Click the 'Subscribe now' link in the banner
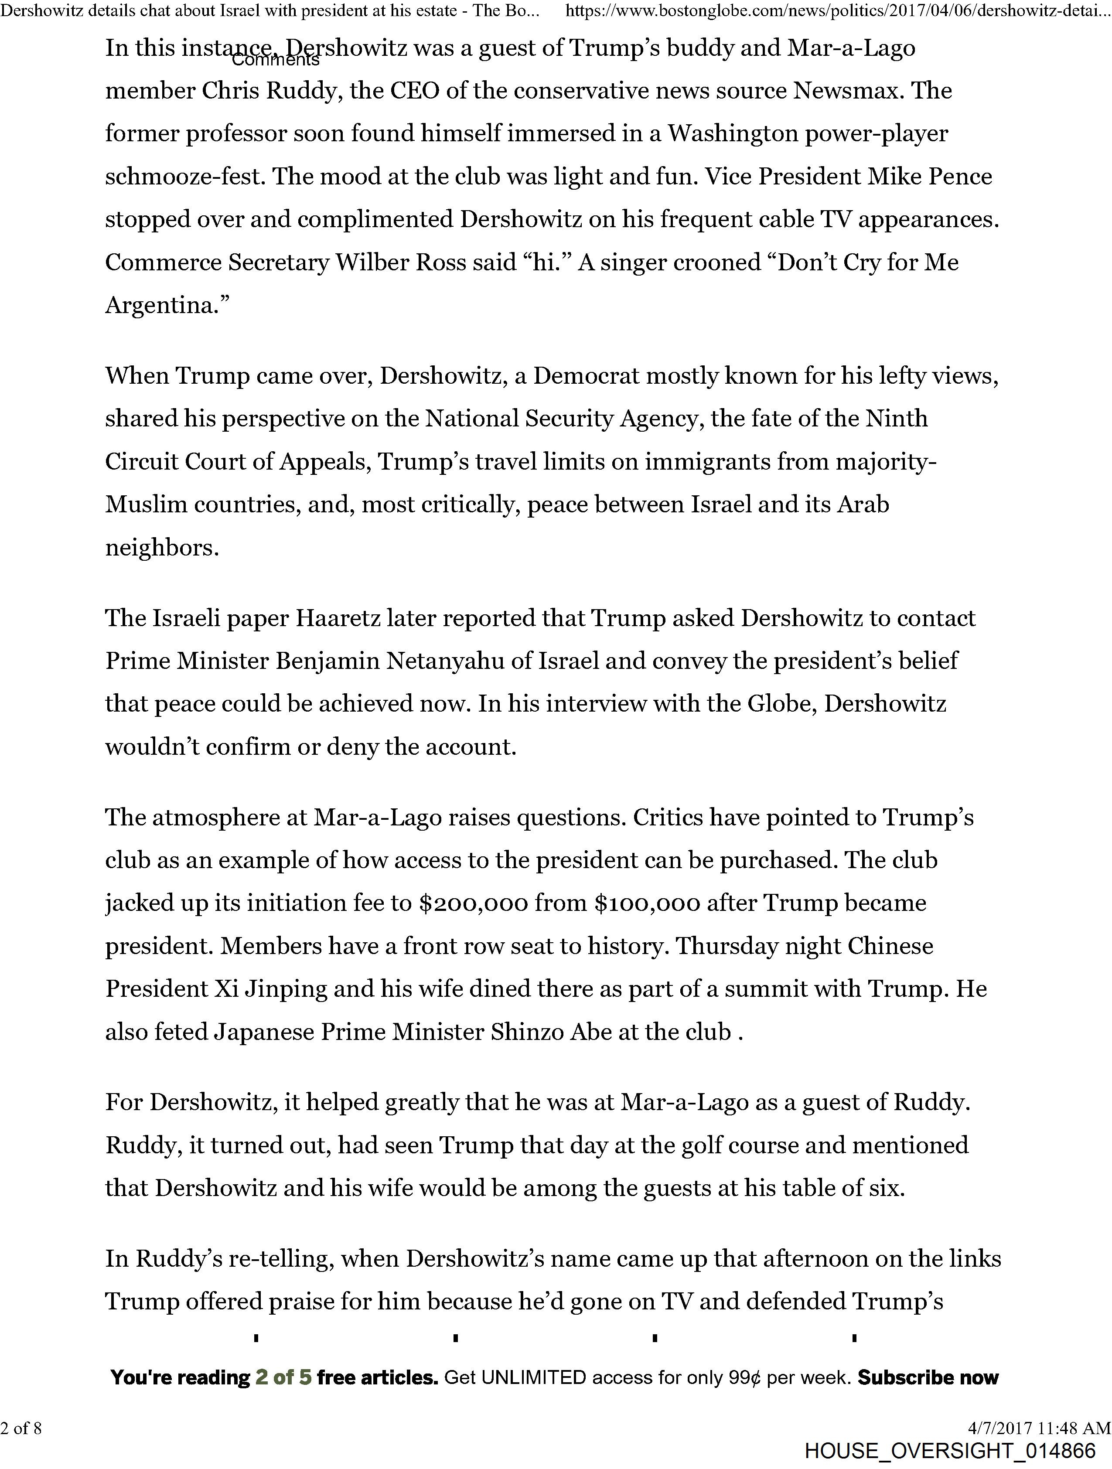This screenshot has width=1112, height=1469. point(928,1377)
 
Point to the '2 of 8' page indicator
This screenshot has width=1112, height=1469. point(21,1427)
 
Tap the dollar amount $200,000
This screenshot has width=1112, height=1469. point(473,903)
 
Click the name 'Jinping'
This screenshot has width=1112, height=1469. point(287,989)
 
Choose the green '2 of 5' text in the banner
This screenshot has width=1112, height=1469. point(283,1377)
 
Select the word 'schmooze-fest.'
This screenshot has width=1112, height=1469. point(186,176)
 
